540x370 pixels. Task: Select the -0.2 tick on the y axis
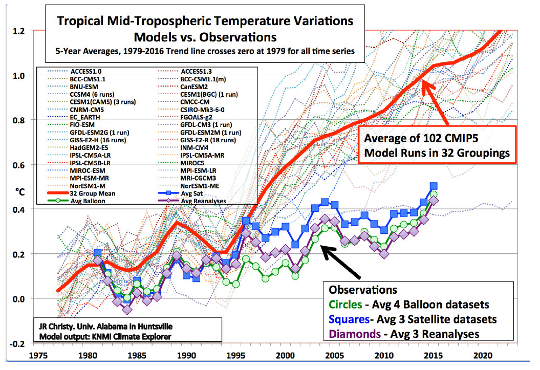tap(16, 343)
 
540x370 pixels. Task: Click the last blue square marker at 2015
tap(433, 186)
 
